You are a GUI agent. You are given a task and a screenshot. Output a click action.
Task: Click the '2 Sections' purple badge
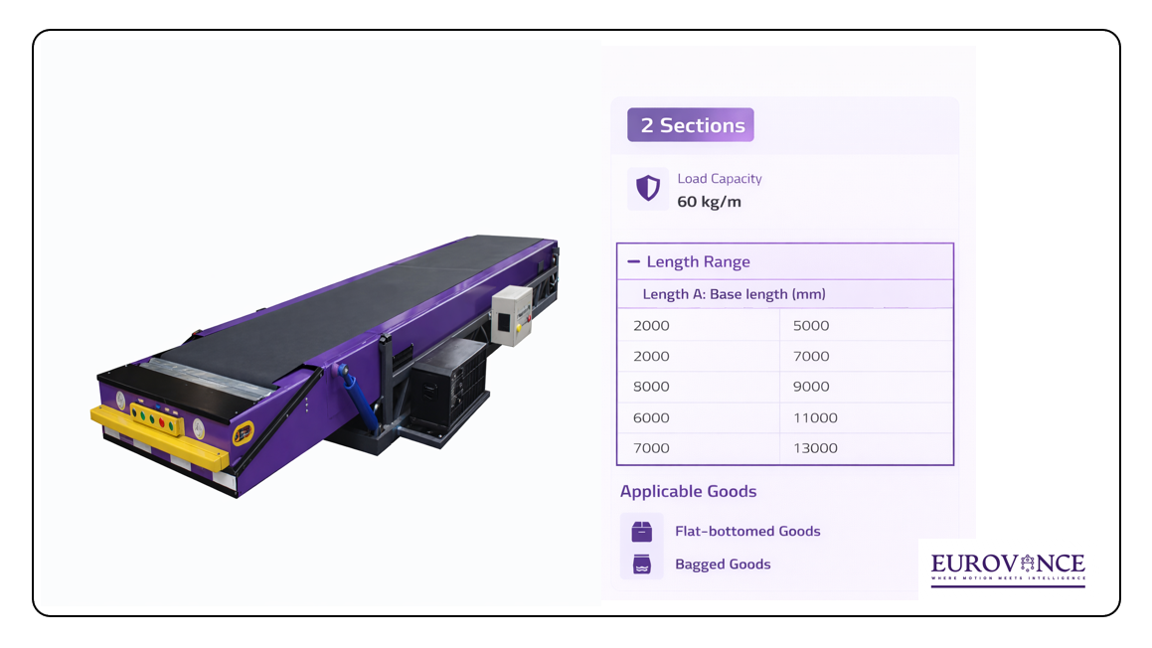pyautogui.click(x=691, y=125)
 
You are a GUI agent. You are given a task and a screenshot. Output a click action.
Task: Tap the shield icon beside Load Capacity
pyautogui.click(x=648, y=189)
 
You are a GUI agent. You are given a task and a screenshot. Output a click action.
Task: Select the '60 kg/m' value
pyautogui.click(x=709, y=202)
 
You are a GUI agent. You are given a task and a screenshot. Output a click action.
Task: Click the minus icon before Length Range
pyautogui.click(x=633, y=262)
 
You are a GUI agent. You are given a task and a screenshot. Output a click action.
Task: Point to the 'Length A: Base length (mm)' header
pyautogui.click(x=734, y=294)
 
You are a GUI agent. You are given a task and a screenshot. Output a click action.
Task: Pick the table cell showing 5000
pyautogui.click(x=811, y=326)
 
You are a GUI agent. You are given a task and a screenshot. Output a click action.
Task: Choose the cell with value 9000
pyautogui.click(x=811, y=387)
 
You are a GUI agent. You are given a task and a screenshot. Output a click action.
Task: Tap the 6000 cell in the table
pyautogui.click(x=651, y=417)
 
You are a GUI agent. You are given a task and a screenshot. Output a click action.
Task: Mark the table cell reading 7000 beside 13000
pyautogui.click(x=651, y=448)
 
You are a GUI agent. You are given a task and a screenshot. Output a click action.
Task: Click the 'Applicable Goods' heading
pyautogui.click(x=688, y=492)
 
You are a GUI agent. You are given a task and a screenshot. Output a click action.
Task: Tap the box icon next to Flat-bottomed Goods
pyautogui.click(x=642, y=531)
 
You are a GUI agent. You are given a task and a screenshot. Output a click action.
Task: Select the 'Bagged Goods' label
pyautogui.click(x=723, y=565)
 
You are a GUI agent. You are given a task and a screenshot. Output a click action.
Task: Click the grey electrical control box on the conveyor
pyautogui.click(x=514, y=315)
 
